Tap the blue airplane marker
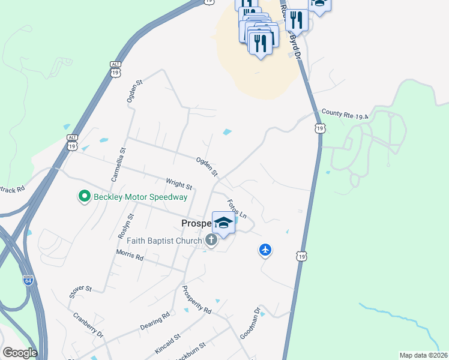[266, 250]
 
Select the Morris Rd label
[130, 256]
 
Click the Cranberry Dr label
[88, 325]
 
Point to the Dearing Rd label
[155, 319]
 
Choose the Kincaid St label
[169, 344]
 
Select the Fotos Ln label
[237, 207]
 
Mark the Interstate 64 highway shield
[28, 280]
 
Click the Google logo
[19, 353]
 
